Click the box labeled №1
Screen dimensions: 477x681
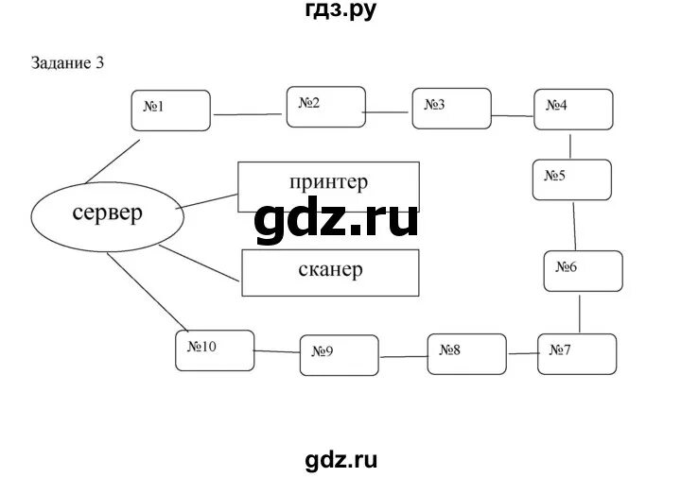click(x=170, y=110)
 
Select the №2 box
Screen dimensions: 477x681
click(x=325, y=106)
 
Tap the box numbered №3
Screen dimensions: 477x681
click(x=451, y=108)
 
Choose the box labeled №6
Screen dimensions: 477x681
click(x=583, y=270)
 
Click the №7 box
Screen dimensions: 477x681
click(x=578, y=354)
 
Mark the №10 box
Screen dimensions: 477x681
click(x=215, y=350)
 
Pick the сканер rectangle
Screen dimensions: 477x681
click(x=329, y=271)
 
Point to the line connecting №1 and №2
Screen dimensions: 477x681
click(x=250, y=115)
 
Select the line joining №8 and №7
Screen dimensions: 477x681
click(x=522, y=353)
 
